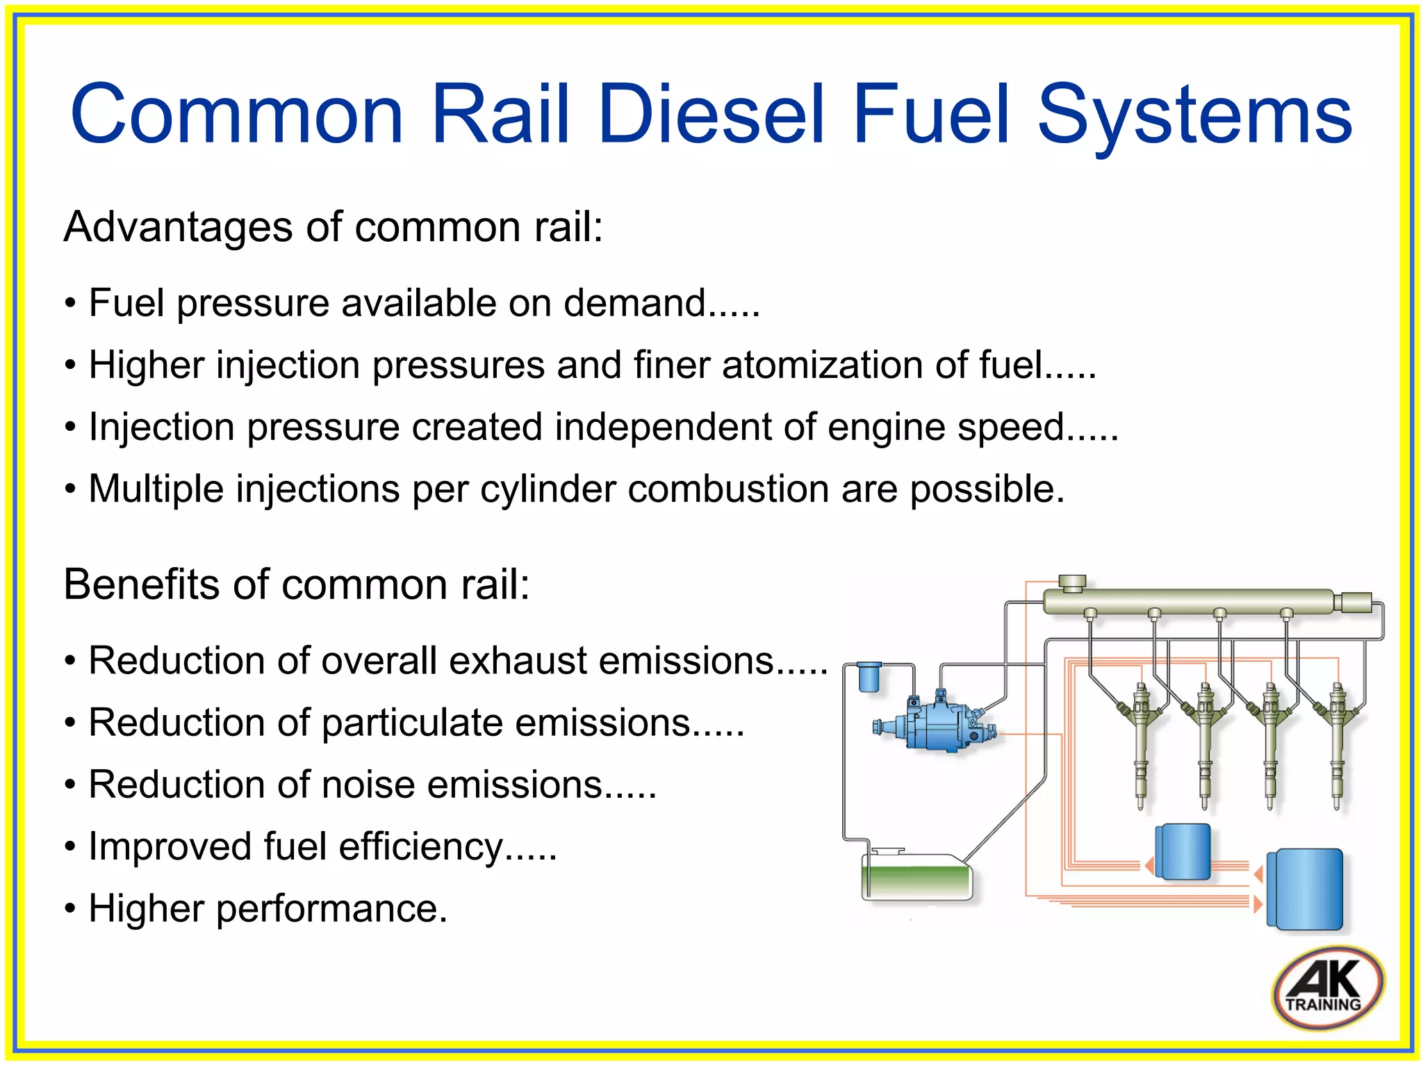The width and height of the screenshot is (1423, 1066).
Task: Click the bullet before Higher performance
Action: [x=69, y=909]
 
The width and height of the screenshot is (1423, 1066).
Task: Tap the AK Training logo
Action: [x=1328, y=987]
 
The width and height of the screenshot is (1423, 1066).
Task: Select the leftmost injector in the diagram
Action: [x=1140, y=744]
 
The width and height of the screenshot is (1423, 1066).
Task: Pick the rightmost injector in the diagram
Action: [x=1335, y=744]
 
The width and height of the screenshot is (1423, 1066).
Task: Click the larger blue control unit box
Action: [x=1305, y=889]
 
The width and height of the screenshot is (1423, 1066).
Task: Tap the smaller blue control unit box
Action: [x=1182, y=851]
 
